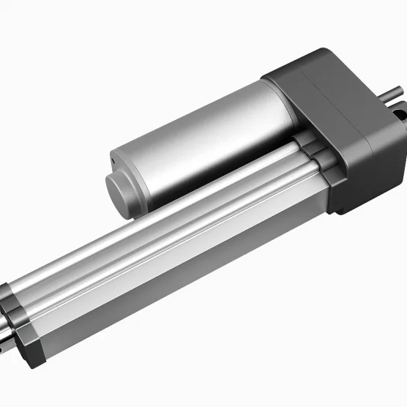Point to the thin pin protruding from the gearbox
click(x=394, y=92)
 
